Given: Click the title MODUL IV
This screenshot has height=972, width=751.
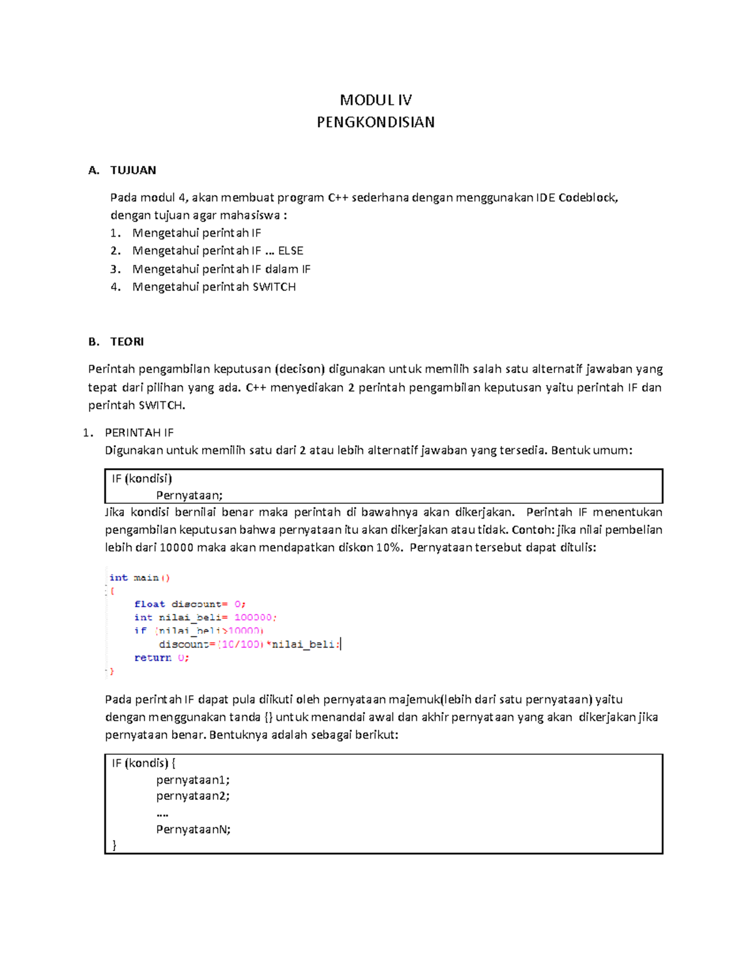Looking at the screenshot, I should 375,100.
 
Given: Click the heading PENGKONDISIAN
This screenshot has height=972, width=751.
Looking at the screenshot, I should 375,122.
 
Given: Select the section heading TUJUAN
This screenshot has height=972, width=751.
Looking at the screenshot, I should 133,170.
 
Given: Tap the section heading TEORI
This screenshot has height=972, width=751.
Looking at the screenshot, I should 127,342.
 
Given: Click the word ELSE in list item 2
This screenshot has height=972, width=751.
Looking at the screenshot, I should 290,251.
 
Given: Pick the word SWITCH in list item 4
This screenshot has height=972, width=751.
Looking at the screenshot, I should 274,287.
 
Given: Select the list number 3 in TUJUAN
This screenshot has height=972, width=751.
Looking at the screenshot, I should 115,269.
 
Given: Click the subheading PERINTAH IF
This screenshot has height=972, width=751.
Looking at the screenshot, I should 139,432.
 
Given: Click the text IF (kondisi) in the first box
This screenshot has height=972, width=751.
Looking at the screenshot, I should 142,479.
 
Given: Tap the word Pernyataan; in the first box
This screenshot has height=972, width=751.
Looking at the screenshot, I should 189,495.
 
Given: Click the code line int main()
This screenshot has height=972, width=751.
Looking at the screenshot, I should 139,578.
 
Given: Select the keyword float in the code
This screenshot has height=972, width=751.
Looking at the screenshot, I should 150,604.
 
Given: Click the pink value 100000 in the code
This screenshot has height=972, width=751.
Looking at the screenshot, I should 253,617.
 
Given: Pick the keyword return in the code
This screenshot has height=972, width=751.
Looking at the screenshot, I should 153,658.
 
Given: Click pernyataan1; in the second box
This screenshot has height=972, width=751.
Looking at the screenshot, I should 193,780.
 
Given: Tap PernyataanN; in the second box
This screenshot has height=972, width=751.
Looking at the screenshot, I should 193,829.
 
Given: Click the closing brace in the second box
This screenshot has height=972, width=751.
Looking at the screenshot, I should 115,845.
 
